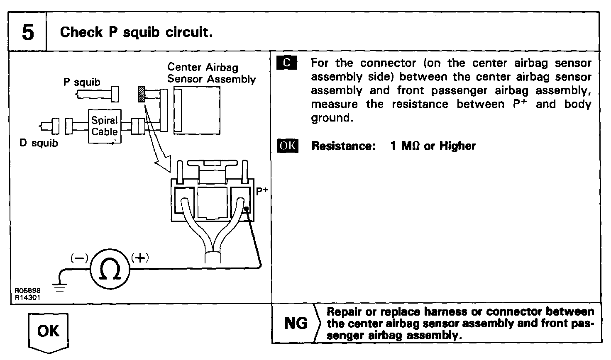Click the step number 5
tap(27, 32)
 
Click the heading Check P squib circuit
tap(137, 32)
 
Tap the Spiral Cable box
tap(105, 126)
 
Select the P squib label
tap(82, 82)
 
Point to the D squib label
tap(39, 144)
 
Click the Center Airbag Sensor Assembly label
tap(211, 73)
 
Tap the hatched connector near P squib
tap(142, 95)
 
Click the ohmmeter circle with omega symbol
tap(110, 268)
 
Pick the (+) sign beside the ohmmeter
tap(140, 258)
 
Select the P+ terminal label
tap(262, 192)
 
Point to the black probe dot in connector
tap(247, 209)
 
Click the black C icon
tap(287, 63)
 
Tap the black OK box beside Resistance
tap(287, 146)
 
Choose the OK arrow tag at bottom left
tap(49, 331)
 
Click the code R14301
tap(28, 297)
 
